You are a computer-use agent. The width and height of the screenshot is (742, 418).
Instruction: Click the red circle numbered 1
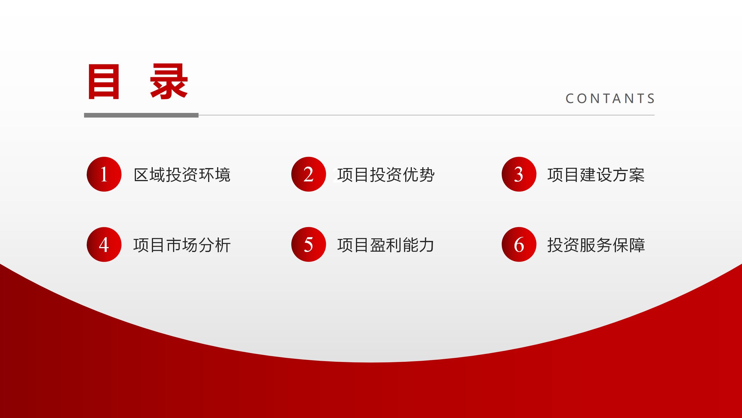coord(104,174)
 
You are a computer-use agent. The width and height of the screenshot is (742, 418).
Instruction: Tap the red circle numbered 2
coord(309,174)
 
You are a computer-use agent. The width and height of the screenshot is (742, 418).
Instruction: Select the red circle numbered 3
coord(519,174)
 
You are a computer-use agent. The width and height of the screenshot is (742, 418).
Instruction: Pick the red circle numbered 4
coord(104,244)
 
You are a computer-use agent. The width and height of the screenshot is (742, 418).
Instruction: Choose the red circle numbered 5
coord(309,244)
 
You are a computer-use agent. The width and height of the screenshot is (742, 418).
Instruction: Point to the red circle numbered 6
coord(519,244)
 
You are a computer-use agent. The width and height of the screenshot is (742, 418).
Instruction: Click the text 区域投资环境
coord(182,175)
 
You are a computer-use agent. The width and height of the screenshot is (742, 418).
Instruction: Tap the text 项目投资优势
coord(386,175)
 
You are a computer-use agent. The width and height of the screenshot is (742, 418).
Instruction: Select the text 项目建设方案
coord(596,175)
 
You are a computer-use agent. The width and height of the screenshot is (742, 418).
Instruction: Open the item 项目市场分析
coord(182,245)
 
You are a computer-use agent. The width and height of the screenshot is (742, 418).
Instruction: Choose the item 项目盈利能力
coord(386,245)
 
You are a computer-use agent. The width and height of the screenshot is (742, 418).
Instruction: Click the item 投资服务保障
coord(596,245)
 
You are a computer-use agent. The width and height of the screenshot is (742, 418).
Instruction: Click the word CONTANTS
coord(610,98)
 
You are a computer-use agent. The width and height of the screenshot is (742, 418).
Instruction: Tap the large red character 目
coord(104,82)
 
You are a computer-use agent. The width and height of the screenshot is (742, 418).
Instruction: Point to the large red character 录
coord(169,82)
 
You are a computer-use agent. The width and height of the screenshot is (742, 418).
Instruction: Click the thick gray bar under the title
coord(141,115)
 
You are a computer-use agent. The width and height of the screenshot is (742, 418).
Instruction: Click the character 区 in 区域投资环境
coord(141,175)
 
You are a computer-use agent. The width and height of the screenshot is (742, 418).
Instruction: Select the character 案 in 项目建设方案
coord(637,175)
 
